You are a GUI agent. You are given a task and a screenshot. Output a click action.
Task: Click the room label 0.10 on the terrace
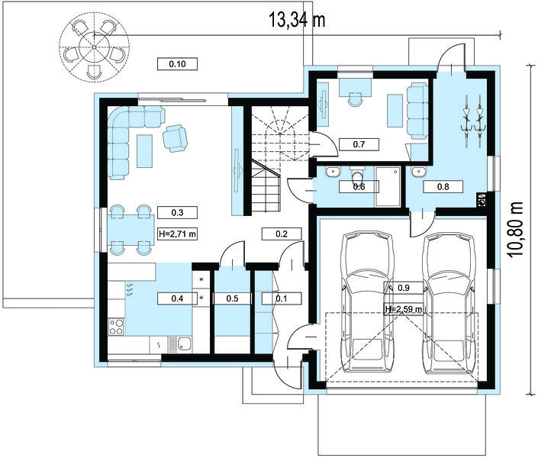(x=177, y=64)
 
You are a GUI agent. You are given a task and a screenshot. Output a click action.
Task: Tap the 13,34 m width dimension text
(x=296, y=20)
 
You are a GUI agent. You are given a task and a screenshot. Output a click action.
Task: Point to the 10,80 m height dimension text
(x=515, y=229)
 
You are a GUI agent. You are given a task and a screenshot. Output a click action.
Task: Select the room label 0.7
(x=359, y=144)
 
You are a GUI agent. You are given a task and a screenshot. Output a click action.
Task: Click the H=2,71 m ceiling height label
(x=177, y=234)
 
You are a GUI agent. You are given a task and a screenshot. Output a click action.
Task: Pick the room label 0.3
(x=177, y=212)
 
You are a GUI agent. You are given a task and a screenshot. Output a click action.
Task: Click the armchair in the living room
(x=175, y=138)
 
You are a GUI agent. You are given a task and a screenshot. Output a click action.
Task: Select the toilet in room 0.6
(x=358, y=175)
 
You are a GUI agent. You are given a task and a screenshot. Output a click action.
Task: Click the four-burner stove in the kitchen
(x=116, y=327)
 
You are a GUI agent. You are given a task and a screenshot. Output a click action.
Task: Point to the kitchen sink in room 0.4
(x=180, y=344)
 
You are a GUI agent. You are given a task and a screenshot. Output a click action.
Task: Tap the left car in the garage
(x=368, y=302)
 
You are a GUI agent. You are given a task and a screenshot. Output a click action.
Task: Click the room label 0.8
(x=443, y=187)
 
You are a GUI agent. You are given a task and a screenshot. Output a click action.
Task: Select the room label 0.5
(x=232, y=298)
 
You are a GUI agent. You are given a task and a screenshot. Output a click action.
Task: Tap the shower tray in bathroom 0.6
(x=388, y=186)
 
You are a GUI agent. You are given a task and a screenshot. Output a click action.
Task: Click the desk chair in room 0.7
(x=355, y=99)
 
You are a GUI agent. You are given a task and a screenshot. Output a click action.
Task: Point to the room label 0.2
(x=282, y=234)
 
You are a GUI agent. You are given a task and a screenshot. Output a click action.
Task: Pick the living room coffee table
(x=144, y=151)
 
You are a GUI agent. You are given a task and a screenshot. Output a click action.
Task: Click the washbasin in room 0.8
(x=418, y=172)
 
